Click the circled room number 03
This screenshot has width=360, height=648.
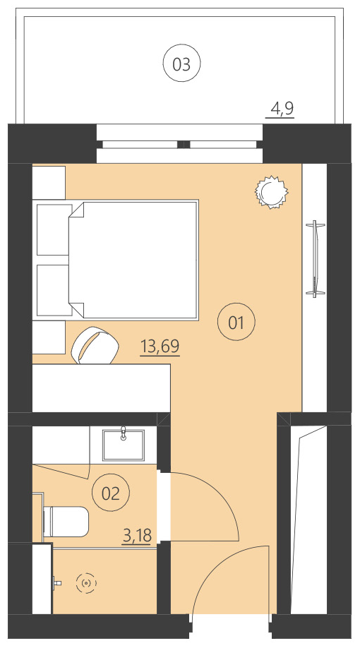click(181, 64)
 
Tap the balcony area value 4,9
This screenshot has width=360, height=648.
click(282, 109)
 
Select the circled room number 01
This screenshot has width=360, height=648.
click(236, 323)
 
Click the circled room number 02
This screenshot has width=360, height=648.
click(111, 493)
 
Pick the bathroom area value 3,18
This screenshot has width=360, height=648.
click(138, 536)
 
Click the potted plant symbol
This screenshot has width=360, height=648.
click(271, 191)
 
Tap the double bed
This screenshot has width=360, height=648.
click(134, 258)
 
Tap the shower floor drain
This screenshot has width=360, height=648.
click(87, 583)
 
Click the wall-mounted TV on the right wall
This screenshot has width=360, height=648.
click(316, 258)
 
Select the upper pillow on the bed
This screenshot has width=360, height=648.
click(54, 229)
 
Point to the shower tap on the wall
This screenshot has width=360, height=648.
click(58, 583)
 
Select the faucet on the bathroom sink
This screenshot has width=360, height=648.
click(124, 432)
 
